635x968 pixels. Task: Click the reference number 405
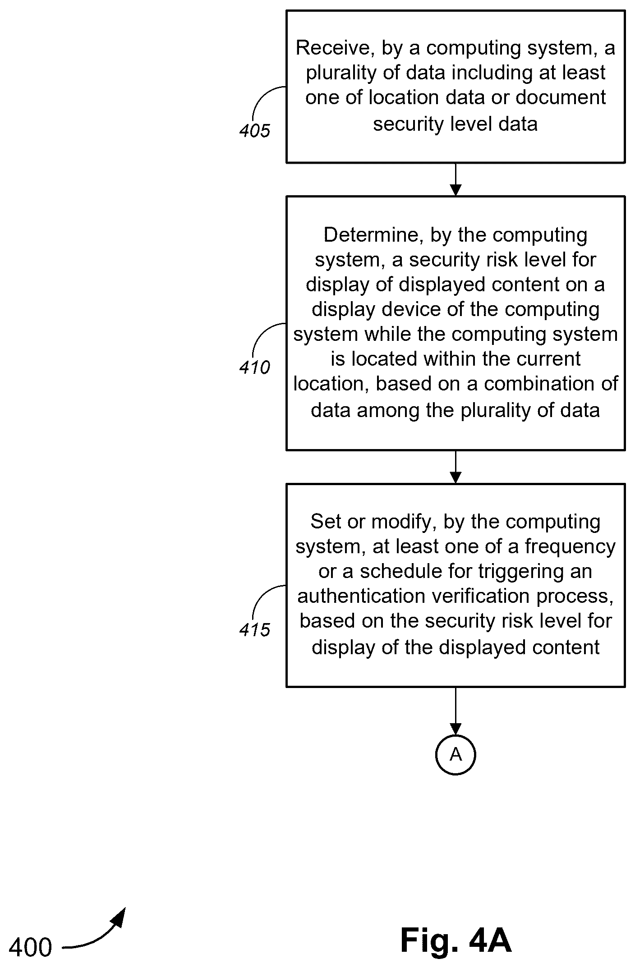[x=255, y=131]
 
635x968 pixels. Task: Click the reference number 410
[x=255, y=368]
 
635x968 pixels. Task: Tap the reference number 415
[x=255, y=630]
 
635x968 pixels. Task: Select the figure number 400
[x=31, y=947]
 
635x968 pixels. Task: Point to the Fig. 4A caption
[x=456, y=940]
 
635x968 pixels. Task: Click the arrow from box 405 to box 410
[x=456, y=179]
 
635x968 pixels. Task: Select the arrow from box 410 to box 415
[x=456, y=467]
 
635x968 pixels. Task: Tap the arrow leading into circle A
[x=456, y=711]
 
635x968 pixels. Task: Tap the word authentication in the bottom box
[x=362, y=596]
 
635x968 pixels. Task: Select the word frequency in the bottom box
[x=570, y=547]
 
